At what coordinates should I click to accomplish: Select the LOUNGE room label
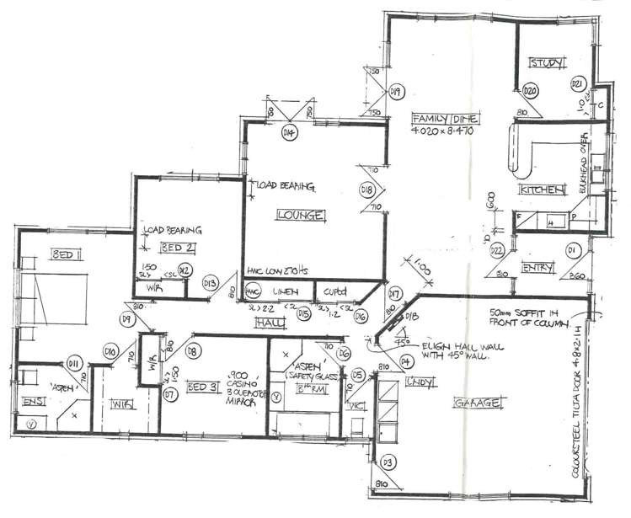pyautogui.click(x=301, y=216)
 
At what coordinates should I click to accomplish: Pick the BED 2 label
pyautogui.click(x=178, y=247)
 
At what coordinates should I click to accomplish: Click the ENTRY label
pyautogui.click(x=537, y=268)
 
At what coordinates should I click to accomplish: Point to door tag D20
pyautogui.click(x=530, y=90)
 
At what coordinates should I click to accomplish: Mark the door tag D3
pyautogui.click(x=388, y=462)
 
